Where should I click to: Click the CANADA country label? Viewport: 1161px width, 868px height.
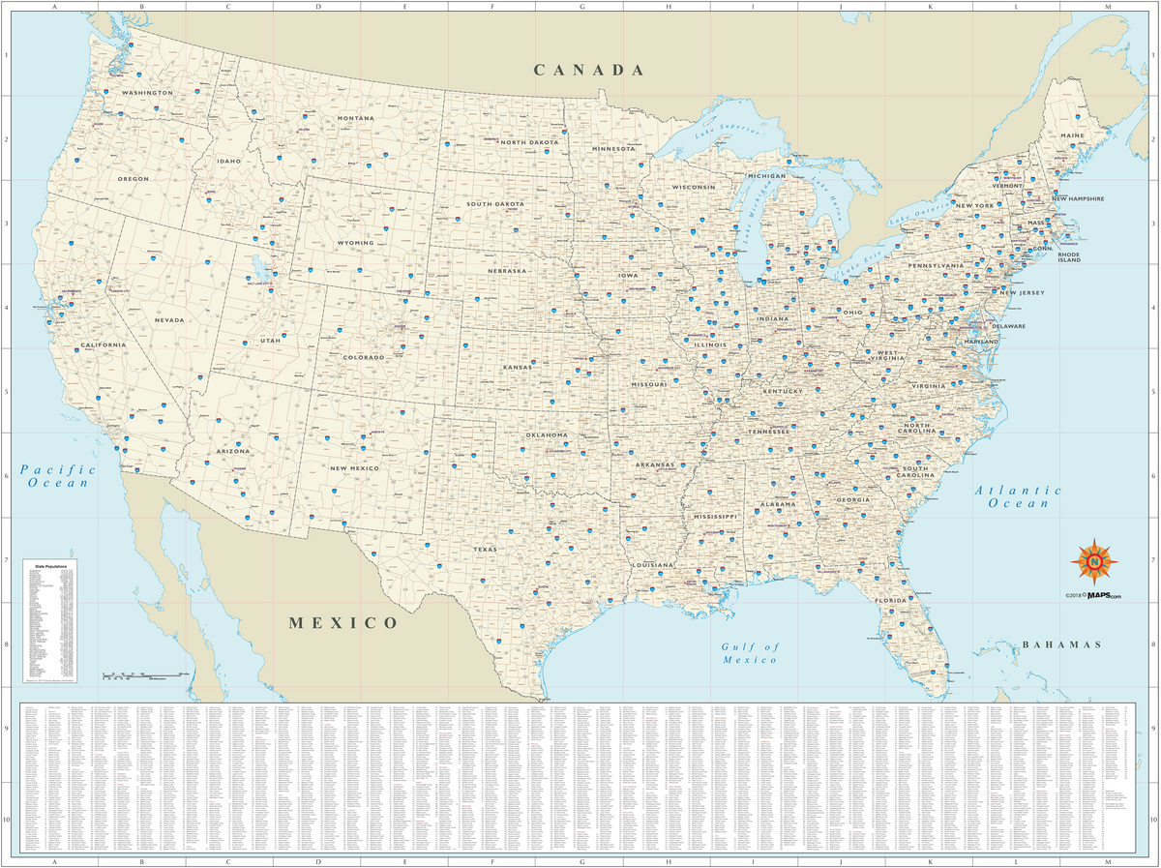tap(589, 70)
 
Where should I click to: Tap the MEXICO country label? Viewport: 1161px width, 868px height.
tap(343, 623)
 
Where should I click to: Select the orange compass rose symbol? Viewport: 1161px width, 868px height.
tap(1094, 560)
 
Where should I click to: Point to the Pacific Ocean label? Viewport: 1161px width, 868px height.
tap(63, 475)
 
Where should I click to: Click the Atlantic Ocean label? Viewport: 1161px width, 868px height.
tap(1018, 496)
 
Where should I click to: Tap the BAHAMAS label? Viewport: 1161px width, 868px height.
tap(1061, 644)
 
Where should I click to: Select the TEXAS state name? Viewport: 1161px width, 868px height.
tap(485, 549)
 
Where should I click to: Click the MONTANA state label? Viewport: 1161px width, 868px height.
tap(355, 118)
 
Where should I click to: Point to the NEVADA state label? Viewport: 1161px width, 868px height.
tap(168, 319)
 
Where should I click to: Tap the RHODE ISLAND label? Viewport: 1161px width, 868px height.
tap(1068, 256)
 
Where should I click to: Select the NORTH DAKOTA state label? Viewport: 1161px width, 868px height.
tap(529, 142)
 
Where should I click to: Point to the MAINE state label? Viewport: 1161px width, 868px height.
tap(1072, 135)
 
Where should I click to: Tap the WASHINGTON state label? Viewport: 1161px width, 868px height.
tap(147, 93)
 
